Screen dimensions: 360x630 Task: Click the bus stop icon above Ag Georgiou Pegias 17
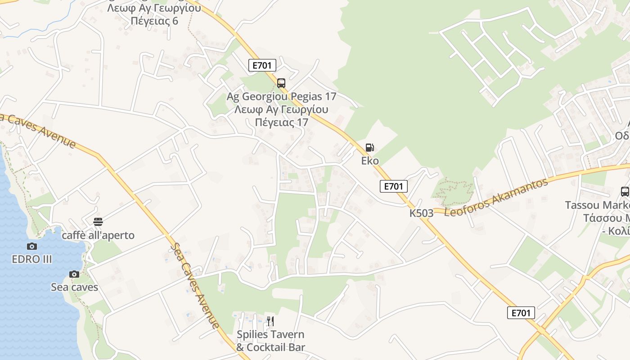[281, 83]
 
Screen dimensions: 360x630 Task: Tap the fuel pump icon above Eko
[369, 148]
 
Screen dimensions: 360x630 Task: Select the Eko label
[370, 161]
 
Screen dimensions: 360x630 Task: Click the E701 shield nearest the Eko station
[393, 186]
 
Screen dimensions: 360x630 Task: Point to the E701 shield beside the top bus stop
[262, 66]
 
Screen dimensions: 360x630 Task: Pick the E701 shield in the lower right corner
[521, 313]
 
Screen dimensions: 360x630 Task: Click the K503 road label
[421, 213]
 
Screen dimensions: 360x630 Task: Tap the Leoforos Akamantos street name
[496, 197]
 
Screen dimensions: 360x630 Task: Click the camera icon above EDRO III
[31, 246]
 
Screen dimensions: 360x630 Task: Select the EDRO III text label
[32, 259]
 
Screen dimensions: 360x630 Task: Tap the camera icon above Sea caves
[74, 274]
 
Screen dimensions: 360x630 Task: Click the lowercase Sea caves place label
[74, 287]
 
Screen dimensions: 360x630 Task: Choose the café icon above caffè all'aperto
[98, 221]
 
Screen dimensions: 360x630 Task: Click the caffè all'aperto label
[98, 235]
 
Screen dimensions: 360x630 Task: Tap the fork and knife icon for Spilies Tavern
[270, 321]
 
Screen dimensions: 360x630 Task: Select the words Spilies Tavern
[270, 335]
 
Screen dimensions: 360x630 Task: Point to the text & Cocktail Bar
[270, 347]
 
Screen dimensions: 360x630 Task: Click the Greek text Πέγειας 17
[281, 122]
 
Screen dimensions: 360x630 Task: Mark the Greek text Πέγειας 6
[154, 21]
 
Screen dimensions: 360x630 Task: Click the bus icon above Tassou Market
[625, 192]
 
